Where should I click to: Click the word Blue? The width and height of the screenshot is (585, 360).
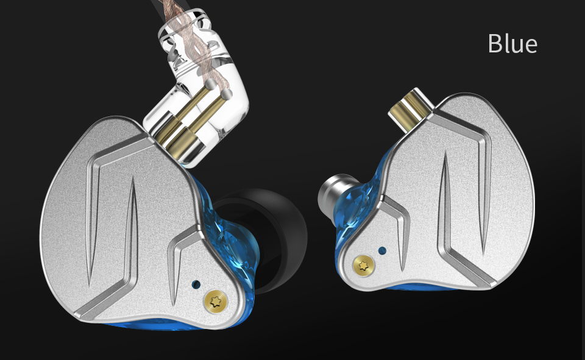(512, 44)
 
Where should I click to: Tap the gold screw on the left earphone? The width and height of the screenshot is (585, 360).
(214, 300)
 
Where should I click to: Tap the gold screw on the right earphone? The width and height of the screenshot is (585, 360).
(364, 266)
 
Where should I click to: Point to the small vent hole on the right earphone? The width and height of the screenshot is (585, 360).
(382, 250)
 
